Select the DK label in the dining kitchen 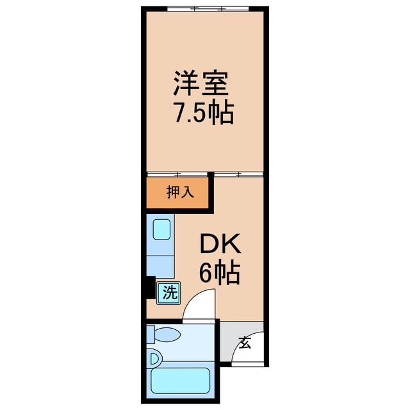tap(220, 245)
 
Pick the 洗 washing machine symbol tap(168, 293)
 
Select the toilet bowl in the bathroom tap(169, 334)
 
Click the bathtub tap(180, 381)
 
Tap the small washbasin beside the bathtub tap(154, 359)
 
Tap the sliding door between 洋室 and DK tap(238, 174)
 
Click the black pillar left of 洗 tap(149, 289)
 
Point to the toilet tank tap(151, 334)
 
